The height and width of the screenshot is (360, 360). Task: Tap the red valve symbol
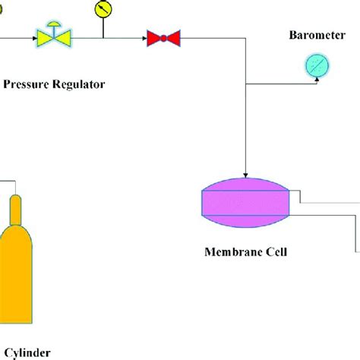pos(163,36)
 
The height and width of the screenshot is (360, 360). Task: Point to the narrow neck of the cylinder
pos(16,209)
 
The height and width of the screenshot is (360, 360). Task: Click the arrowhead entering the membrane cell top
pos(246,174)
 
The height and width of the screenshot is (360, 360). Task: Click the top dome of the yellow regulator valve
pos(53,25)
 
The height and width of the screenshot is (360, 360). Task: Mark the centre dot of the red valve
pos(163,36)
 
